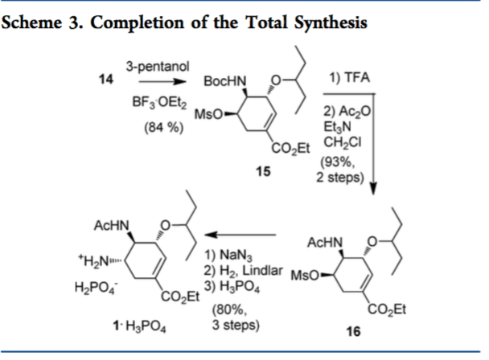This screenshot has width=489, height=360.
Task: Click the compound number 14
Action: point(103,82)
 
